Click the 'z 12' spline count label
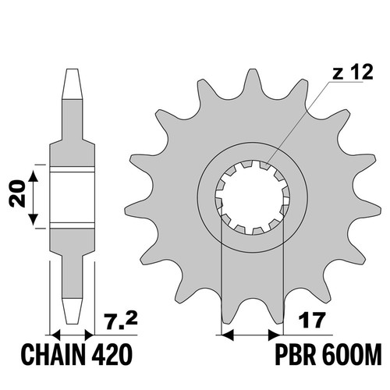click(353, 72)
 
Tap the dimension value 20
click(17, 193)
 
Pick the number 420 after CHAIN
click(112, 354)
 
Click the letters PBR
click(295, 354)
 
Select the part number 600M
click(351, 354)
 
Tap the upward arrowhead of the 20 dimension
click(33, 176)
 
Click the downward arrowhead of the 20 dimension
click(33, 219)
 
